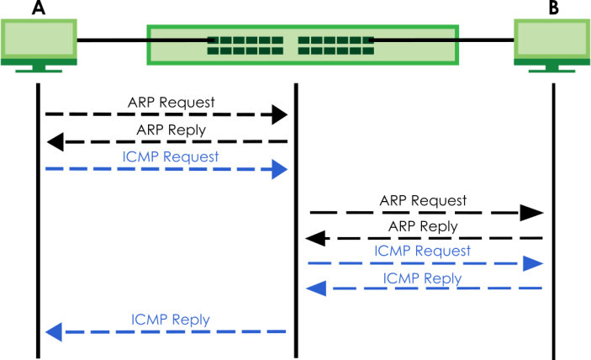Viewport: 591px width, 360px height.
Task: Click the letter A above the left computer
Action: pyautogui.click(x=39, y=9)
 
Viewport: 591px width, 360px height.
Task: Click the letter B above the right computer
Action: pyautogui.click(x=552, y=9)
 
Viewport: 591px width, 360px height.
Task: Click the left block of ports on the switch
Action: pyautogui.click(x=245, y=45)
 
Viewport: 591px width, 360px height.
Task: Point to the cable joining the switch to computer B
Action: pyautogui.click(x=486, y=39)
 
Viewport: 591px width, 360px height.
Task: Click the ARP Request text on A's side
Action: pyautogui.click(x=171, y=103)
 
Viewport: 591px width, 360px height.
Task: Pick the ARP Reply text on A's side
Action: pyautogui.click(x=171, y=130)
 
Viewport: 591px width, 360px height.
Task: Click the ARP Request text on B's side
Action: pyautogui.click(x=423, y=200)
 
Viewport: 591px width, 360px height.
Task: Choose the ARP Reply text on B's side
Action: pyautogui.click(x=423, y=226)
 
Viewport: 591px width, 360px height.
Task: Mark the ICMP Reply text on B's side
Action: pyautogui.click(x=422, y=278)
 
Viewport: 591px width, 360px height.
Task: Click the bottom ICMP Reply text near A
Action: pyautogui.click(x=171, y=320)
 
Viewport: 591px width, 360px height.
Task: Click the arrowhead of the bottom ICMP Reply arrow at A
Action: pyautogui.click(x=53, y=332)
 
